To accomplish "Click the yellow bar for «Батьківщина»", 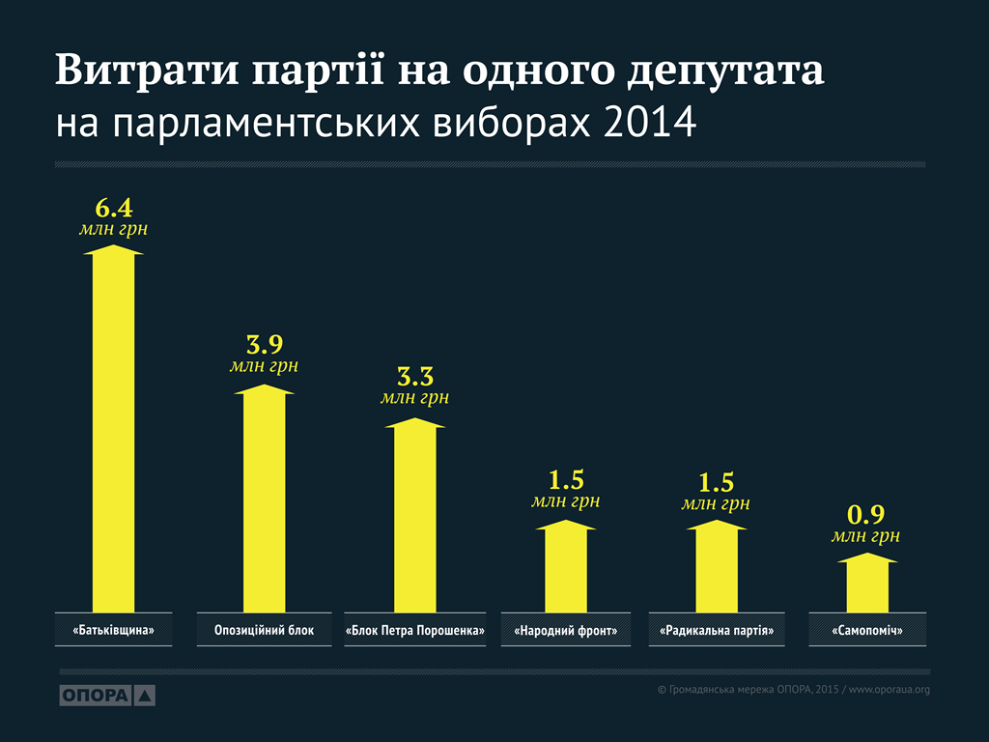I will (114, 430).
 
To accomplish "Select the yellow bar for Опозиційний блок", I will (264, 498).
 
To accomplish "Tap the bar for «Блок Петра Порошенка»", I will (415, 517).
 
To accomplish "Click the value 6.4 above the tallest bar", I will (113, 208).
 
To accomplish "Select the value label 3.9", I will (264, 345).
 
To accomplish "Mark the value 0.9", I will (866, 514).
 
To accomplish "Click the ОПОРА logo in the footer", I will (107, 695).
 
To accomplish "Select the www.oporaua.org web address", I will (889, 689).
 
